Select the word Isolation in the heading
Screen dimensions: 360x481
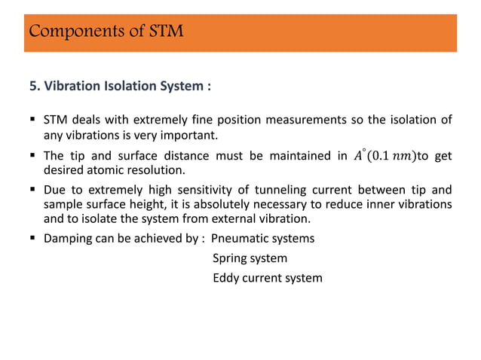tap(128, 85)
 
